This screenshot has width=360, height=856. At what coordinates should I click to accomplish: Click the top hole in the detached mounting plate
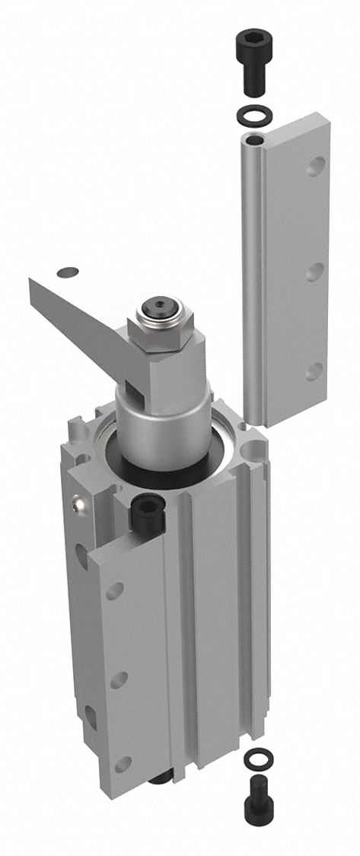[x=314, y=167]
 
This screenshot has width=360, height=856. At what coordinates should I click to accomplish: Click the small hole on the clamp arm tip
[x=68, y=272]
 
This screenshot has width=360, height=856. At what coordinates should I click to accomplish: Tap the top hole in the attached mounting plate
[x=115, y=590]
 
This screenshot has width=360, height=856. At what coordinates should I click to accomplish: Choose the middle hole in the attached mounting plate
[x=117, y=679]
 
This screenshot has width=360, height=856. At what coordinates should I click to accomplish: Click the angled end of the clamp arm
[x=46, y=293]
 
